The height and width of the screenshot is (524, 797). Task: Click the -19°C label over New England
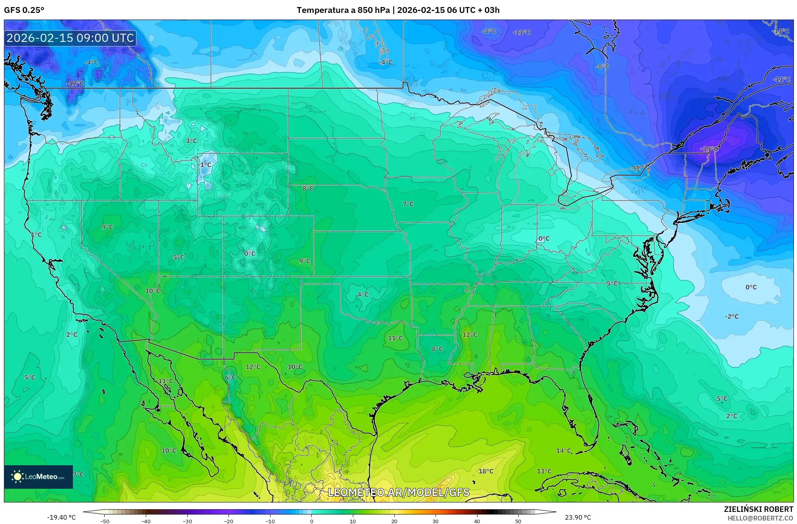709,149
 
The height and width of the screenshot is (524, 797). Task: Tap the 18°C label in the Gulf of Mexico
486,471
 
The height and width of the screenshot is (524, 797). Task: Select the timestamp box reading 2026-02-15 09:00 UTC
71,38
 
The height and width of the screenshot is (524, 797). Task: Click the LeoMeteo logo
38,477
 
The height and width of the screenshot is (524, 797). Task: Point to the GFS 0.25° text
24,10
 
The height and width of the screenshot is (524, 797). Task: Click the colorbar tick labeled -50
105,521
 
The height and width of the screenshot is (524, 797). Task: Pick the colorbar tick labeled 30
436,521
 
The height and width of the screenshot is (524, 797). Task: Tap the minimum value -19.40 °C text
62,517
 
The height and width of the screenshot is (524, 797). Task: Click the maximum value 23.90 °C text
578,517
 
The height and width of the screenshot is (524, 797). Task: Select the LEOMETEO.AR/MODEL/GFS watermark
398,492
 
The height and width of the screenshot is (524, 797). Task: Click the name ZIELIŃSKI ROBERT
758,509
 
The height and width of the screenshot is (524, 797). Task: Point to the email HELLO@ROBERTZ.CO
760,518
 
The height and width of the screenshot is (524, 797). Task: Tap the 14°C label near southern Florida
564,451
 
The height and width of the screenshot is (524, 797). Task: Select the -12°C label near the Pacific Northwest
75,83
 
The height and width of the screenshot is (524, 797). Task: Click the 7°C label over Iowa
408,204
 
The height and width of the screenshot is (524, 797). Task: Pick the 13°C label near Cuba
544,471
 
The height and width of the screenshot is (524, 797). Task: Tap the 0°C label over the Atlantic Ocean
751,287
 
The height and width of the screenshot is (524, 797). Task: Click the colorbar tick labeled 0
312,521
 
